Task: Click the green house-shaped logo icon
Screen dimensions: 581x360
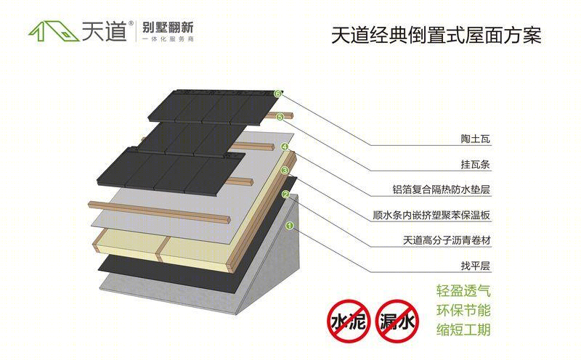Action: click(x=54, y=30)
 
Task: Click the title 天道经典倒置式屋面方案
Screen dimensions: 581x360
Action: click(x=436, y=36)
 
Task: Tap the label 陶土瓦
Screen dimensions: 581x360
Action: click(x=476, y=139)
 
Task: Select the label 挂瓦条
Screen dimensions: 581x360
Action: click(x=476, y=165)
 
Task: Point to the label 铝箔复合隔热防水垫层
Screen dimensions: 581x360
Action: click(x=442, y=189)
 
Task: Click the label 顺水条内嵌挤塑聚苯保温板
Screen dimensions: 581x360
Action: click(x=431, y=215)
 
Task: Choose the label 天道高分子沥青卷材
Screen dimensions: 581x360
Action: click(x=447, y=240)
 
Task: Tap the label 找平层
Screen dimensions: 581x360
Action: click(x=476, y=266)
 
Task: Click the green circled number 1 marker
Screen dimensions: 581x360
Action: click(x=290, y=225)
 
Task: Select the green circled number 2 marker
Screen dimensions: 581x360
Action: click(x=285, y=195)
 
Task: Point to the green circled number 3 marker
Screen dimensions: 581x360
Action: click(x=285, y=171)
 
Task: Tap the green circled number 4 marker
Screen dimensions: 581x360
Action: click(x=284, y=147)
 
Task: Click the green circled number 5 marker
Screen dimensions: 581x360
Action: click(x=280, y=118)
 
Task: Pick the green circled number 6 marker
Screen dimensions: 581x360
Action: click(x=277, y=94)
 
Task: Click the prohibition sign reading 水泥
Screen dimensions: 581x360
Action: click(x=349, y=321)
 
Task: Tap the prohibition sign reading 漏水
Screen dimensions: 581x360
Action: click(x=397, y=321)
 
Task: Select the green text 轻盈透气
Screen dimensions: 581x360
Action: click(x=463, y=291)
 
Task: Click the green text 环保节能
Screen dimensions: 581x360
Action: click(x=463, y=311)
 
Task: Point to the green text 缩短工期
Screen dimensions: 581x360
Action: click(x=463, y=330)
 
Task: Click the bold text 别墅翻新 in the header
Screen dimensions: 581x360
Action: click(x=168, y=28)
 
